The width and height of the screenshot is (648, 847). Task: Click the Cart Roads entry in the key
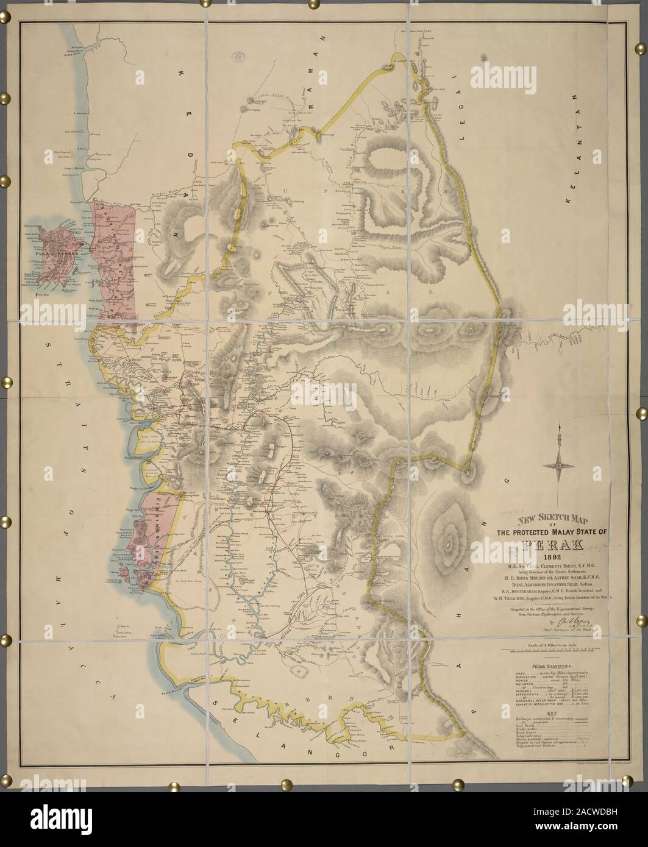(521, 725)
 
